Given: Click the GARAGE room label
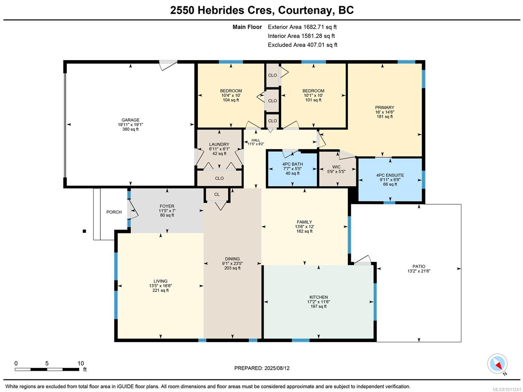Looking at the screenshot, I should (130, 120).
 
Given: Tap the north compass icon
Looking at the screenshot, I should (497, 364).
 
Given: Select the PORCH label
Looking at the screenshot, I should (114, 212).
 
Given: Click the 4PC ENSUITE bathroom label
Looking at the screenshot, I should (390, 175).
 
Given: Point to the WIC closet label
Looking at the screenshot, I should (336, 167).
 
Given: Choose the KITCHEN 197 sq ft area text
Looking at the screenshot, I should (318, 307).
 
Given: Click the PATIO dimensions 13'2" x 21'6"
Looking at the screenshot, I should (419, 271).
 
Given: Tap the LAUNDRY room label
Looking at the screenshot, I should (219, 144).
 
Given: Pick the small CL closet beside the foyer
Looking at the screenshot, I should (217, 194).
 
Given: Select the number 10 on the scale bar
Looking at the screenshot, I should (81, 363).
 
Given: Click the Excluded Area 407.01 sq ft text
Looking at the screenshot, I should (302, 45).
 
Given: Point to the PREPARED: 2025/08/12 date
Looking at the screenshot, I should (262, 368).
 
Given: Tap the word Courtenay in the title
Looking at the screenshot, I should (304, 10).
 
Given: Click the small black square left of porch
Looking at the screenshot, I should (84, 231).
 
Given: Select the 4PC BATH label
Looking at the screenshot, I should (293, 164).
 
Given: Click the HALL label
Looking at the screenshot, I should (256, 140).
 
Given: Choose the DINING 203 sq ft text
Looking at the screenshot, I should (232, 268).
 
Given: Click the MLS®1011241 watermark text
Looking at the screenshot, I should (506, 389).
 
